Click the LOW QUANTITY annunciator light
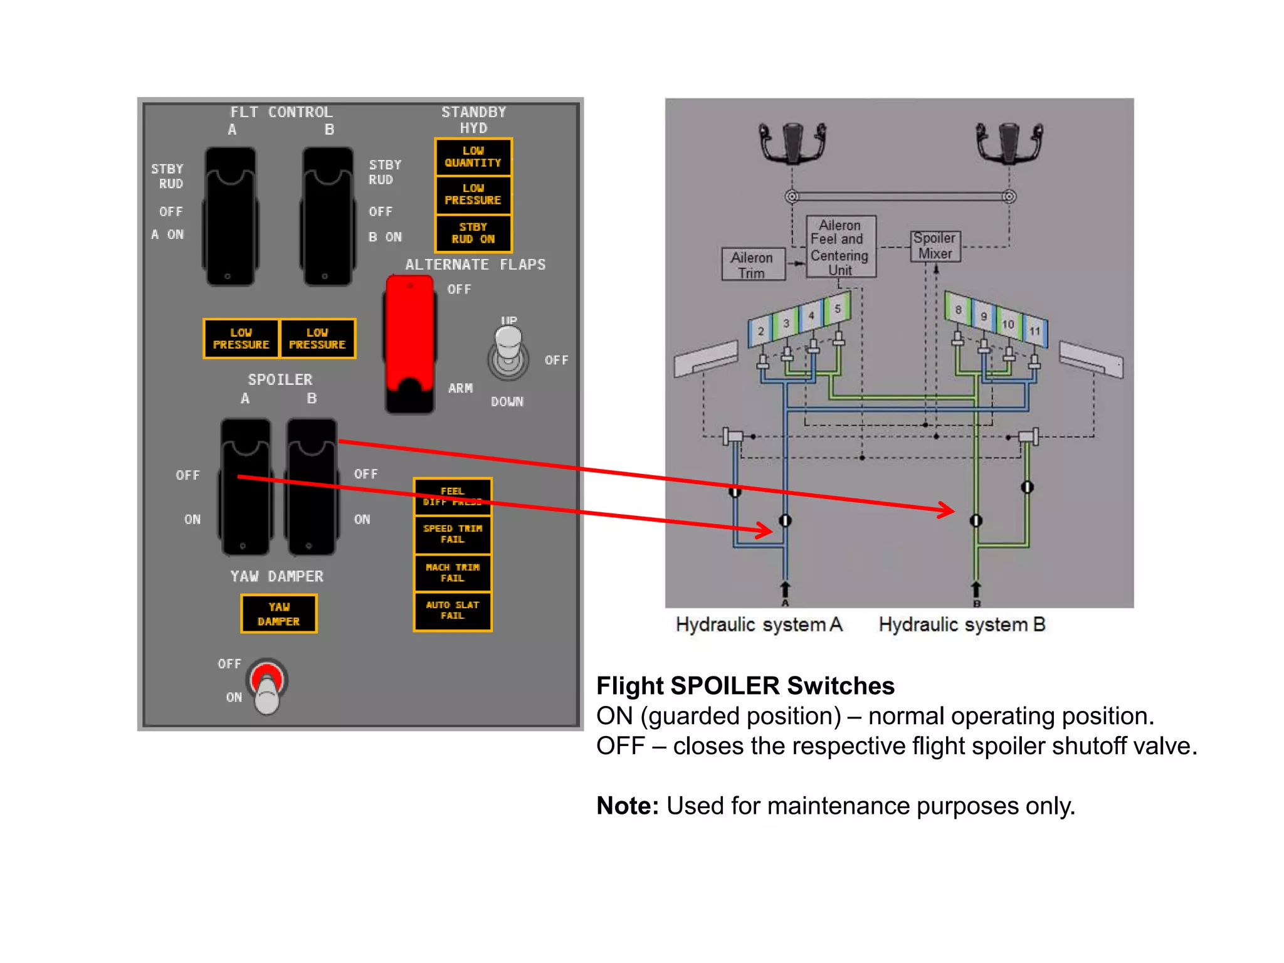473,157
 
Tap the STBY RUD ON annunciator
473,233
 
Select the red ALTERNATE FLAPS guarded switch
410,344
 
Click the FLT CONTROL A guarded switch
230,217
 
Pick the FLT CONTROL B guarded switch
327,217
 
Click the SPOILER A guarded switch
245,487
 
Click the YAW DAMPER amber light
279,614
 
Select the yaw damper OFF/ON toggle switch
267,687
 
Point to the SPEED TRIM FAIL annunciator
453,534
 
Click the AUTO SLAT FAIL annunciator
453,611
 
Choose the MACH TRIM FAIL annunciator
453,572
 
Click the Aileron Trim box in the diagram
752,265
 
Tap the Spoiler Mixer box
935,246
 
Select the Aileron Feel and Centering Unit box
840,247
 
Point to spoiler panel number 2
760,331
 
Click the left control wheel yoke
792,142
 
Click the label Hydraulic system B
962,624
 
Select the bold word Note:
627,806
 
